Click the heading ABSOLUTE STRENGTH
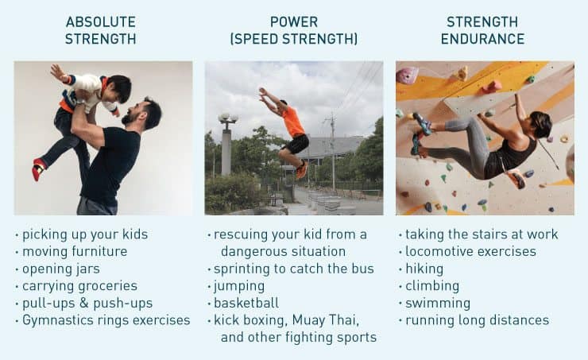pyautogui.click(x=100, y=30)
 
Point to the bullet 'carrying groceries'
pyautogui.click(x=79, y=286)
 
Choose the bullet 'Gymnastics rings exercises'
pyautogui.click(x=106, y=320)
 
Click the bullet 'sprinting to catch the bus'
pyautogui.click(x=293, y=269)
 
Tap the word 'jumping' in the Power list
pyautogui.click(x=239, y=286)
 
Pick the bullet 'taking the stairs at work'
pyautogui.click(x=482, y=234)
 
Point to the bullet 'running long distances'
pyautogui.click(x=477, y=320)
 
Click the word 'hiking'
pyautogui.click(x=425, y=269)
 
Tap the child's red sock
pyautogui.click(x=38, y=168)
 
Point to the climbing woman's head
pyautogui.click(x=541, y=124)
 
